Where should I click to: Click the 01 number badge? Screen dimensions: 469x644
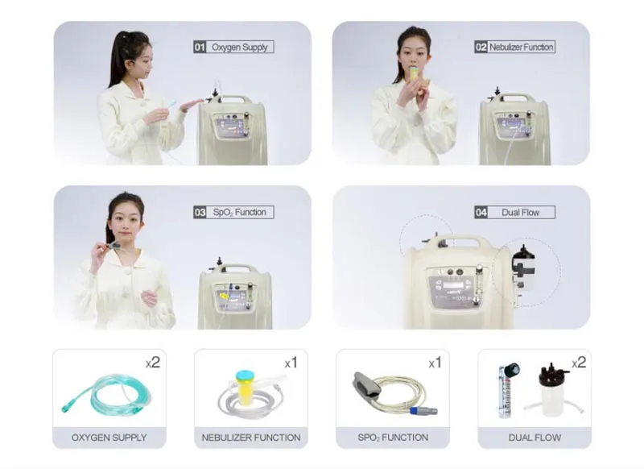(200, 47)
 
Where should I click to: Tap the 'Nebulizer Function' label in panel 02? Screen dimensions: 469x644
(521, 47)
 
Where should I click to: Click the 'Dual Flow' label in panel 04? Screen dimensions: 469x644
(520, 213)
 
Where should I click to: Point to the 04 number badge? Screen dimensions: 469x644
(481, 213)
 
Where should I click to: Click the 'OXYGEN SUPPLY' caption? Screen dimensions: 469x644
(109, 438)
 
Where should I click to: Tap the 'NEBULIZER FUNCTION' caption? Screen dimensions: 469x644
(250, 438)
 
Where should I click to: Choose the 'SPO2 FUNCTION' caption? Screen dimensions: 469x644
(392, 438)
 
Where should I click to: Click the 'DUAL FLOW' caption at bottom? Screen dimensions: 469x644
(534, 438)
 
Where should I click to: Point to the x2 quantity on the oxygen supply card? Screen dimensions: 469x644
(153, 363)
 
